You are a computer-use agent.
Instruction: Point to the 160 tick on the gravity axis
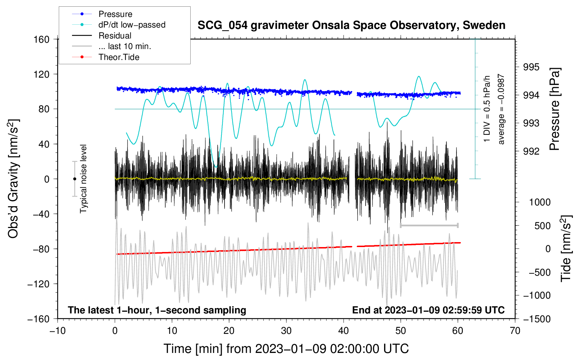(x=42, y=40)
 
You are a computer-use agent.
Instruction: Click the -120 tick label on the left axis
(x=38, y=284)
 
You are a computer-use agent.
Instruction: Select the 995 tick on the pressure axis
(x=531, y=67)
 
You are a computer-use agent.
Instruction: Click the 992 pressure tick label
(x=531, y=151)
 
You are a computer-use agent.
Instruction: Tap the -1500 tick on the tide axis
(x=537, y=319)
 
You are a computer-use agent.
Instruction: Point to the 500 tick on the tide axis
(x=542, y=226)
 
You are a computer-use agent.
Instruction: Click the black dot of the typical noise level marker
(x=74, y=179)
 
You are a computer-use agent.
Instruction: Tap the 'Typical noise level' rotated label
(x=83, y=179)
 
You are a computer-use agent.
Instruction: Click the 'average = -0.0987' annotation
(x=501, y=109)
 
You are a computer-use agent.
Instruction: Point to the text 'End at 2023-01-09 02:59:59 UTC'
(x=428, y=310)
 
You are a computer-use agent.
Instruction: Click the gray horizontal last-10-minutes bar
(x=429, y=225)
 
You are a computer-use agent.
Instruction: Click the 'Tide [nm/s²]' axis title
(x=566, y=249)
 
